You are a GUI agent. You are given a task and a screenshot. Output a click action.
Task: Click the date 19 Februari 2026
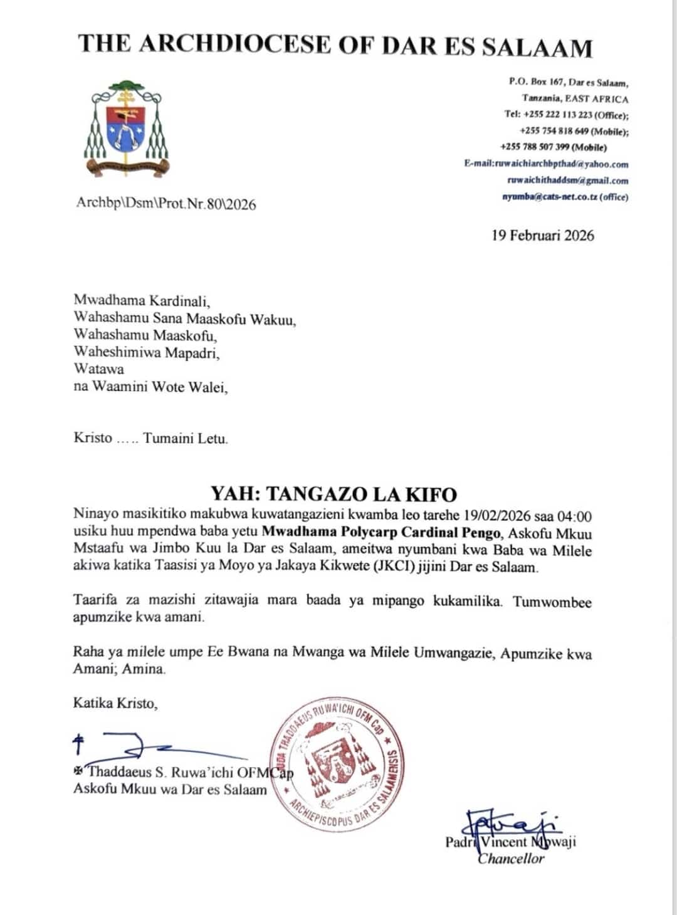543,236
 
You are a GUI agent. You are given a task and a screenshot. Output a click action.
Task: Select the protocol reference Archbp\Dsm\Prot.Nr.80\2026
166,204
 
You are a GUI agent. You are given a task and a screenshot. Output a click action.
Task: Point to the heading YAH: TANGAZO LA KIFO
333,494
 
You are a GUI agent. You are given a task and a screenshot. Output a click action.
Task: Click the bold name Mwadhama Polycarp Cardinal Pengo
382,534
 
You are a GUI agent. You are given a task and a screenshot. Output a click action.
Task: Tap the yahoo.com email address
546,164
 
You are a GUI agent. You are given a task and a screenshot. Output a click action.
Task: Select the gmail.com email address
567,180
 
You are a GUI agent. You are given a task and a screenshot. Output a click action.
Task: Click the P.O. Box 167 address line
568,82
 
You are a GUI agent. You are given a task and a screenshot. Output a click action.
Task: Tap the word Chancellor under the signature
511,859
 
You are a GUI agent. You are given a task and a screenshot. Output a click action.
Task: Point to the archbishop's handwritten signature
150,746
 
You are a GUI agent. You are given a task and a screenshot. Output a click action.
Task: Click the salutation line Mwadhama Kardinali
142,300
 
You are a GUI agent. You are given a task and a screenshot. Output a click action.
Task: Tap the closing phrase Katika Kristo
115,703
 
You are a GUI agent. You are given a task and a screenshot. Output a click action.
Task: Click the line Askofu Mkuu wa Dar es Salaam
170,789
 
